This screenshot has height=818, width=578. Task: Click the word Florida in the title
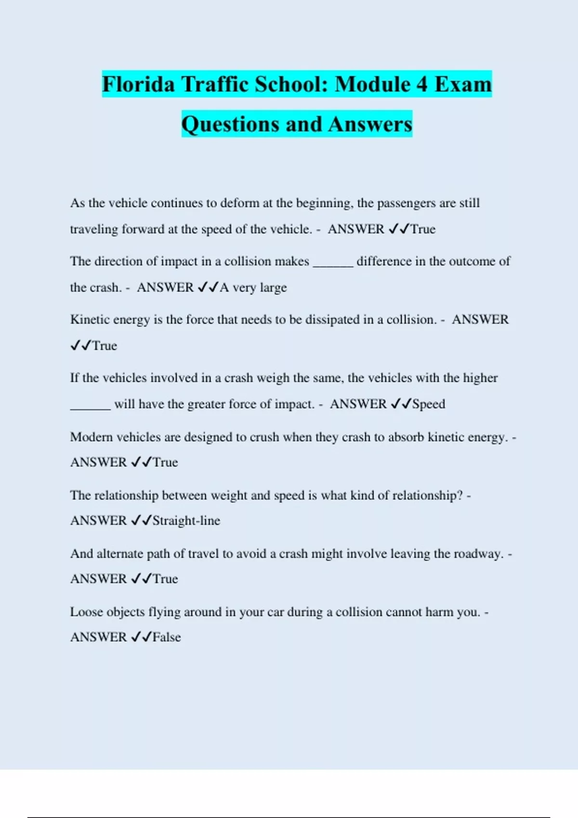click(138, 84)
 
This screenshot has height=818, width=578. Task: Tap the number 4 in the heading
click(421, 84)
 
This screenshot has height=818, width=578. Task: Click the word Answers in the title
click(370, 124)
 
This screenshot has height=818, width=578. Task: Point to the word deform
click(239, 203)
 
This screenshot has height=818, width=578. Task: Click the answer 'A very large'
click(253, 288)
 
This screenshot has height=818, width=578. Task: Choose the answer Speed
click(429, 404)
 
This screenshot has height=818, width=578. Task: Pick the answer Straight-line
click(186, 521)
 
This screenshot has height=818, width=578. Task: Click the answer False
click(167, 637)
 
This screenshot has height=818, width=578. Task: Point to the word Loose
click(86, 612)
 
